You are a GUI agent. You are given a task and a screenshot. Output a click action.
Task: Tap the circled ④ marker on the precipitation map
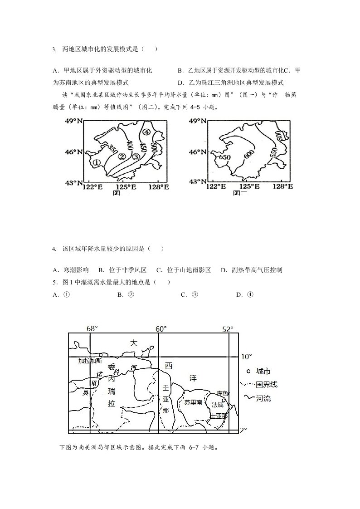(x=146, y=132)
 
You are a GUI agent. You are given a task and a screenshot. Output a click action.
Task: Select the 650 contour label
(x=225, y=157)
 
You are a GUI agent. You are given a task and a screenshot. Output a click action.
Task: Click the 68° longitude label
(x=92, y=328)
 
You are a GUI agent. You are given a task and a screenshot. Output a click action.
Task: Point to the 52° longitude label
(x=228, y=329)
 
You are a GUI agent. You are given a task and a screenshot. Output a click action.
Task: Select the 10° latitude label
(x=247, y=357)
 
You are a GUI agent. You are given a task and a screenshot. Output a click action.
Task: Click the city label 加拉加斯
(x=90, y=361)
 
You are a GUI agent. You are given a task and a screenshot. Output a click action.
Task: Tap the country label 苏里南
(x=193, y=402)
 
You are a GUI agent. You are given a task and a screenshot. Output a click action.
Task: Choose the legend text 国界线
(x=267, y=385)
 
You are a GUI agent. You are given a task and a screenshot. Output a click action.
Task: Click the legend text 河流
(x=263, y=398)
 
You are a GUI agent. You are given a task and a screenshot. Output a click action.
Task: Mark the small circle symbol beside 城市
(x=249, y=371)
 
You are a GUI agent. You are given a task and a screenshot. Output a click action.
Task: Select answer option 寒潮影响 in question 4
(x=71, y=270)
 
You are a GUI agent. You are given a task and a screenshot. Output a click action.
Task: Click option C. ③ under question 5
(x=190, y=294)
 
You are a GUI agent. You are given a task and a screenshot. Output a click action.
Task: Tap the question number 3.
(x=54, y=49)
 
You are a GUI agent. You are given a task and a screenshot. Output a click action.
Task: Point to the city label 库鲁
(x=223, y=393)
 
